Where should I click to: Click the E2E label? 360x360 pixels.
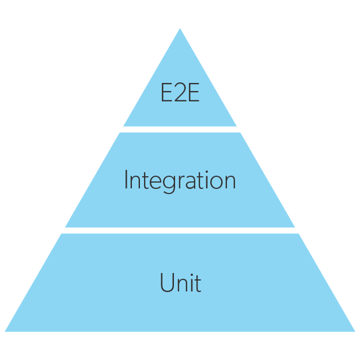(x=180, y=93)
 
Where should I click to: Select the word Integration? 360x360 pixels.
(x=180, y=181)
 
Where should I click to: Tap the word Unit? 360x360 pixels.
(x=180, y=283)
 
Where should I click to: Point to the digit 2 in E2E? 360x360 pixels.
(x=180, y=93)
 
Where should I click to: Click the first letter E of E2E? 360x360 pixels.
(x=166, y=93)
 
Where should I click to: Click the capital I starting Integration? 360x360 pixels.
(x=126, y=180)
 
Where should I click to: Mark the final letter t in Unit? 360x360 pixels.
(x=198, y=283)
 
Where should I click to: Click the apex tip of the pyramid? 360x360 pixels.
(x=180, y=29)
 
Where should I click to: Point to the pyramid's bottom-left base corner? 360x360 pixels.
(x=5, y=331)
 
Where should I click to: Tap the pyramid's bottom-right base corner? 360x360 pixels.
(x=355, y=331)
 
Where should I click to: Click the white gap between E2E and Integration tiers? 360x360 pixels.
(x=180, y=130)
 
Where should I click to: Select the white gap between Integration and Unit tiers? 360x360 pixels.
(x=180, y=230)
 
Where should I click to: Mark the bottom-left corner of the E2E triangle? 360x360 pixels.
(x=124, y=126)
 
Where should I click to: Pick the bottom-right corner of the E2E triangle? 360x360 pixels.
(x=236, y=126)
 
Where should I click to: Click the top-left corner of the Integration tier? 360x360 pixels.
(x=120, y=133)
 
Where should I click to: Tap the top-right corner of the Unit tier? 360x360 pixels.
(x=298, y=234)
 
